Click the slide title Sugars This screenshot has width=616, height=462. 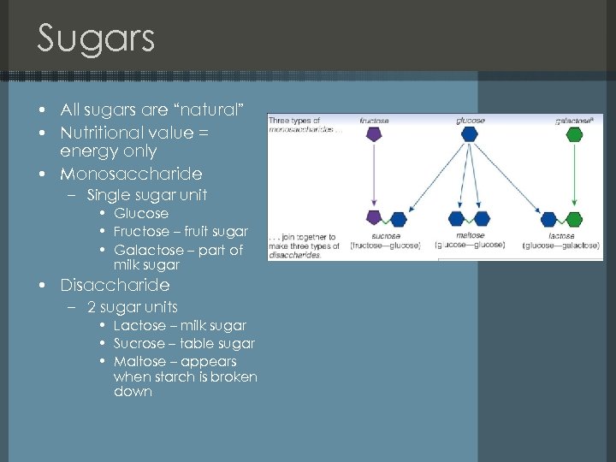point(96,39)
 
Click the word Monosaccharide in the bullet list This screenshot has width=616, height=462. point(131,174)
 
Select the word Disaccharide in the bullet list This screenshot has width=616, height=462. point(115,285)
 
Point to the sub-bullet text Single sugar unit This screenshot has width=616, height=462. point(147,195)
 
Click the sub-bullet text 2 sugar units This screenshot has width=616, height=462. point(133,307)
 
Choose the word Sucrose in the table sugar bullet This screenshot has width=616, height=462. point(139,344)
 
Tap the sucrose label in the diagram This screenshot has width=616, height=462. point(386,235)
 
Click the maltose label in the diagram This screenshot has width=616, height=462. point(471,235)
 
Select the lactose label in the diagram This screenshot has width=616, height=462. point(560,235)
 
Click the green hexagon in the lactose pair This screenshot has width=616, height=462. point(572,218)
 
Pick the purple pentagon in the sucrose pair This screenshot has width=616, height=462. point(373,218)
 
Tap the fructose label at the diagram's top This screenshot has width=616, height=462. point(373,121)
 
